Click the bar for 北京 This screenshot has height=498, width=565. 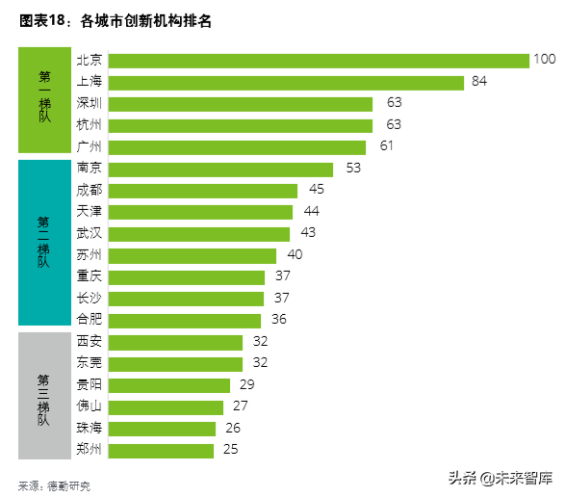pyautogui.click(x=319, y=61)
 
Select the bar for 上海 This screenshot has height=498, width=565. pyautogui.click(x=286, y=83)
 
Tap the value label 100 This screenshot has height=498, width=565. pyautogui.click(x=545, y=59)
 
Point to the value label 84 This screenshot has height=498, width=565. pyautogui.click(x=479, y=81)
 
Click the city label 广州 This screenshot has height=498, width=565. pyautogui.click(x=89, y=146)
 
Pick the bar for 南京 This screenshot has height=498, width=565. pyautogui.click(x=220, y=170)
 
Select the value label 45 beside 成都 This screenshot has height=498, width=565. pyautogui.click(x=317, y=189)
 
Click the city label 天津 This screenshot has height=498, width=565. pyautogui.click(x=89, y=211)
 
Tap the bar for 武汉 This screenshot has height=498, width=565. pyautogui.click(x=199, y=234)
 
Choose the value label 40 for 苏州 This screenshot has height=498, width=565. pyautogui.click(x=295, y=254)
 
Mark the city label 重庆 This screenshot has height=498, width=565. pyautogui.click(x=89, y=275)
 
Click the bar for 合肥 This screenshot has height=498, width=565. pyautogui.click(x=185, y=321)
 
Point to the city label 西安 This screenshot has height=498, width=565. pyautogui.click(x=89, y=341)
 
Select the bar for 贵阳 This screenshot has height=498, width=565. pyautogui.click(x=169, y=386)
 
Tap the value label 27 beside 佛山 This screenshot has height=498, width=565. pyautogui.click(x=240, y=406)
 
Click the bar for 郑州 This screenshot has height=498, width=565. pyautogui.click(x=161, y=451)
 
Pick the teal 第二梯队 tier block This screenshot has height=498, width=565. pyautogui.click(x=44, y=243)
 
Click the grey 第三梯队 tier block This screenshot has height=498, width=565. pyautogui.click(x=44, y=396)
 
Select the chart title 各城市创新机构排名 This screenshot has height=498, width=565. pyautogui.click(x=145, y=21)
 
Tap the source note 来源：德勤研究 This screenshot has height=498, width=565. pyautogui.click(x=55, y=486)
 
